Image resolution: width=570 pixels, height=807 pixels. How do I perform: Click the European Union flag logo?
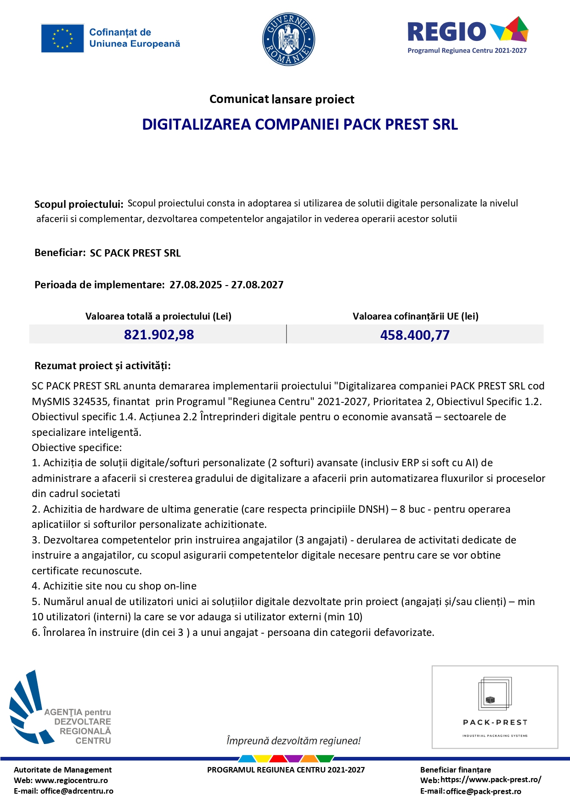click(x=62, y=38)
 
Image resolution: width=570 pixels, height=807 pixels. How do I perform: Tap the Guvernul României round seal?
click(x=288, y=39)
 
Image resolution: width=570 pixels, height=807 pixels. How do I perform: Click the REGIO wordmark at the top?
click(x=446, y=32)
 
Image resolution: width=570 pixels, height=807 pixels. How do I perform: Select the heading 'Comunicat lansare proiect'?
click(x=282, y=99)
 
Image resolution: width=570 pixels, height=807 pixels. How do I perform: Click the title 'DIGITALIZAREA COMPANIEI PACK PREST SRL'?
click(x=300, y=125)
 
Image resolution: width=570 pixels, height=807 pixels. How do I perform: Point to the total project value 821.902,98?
click(x=159, y=334)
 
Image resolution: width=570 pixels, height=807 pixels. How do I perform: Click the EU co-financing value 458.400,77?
click(x=415, y=335)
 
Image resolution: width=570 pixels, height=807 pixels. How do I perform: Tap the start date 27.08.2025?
click(x=196, y=285)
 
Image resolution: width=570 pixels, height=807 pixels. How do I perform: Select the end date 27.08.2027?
click(x=257, y=285)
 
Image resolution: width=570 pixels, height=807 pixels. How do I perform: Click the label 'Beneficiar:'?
click(x=60, y=253)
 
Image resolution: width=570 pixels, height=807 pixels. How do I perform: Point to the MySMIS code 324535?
click(x=89, y=401)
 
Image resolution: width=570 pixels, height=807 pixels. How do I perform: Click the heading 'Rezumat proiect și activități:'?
click(x=102, y=366)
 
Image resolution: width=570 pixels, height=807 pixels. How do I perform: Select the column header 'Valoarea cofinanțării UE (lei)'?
click(x=415, y=316)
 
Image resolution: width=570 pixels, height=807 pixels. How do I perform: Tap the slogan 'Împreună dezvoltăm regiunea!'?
click(x=293, y=741)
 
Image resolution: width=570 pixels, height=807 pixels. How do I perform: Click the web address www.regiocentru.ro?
click(x=71, y=780)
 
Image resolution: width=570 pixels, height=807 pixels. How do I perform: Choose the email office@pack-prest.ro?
click(x=483, y=791)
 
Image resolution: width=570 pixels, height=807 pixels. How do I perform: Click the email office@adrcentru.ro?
click(x=77, y=791)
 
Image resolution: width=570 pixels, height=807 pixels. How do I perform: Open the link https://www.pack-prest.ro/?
click(x=491, y=779)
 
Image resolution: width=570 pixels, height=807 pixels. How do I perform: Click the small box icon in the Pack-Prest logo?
click(x=490, y=700)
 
